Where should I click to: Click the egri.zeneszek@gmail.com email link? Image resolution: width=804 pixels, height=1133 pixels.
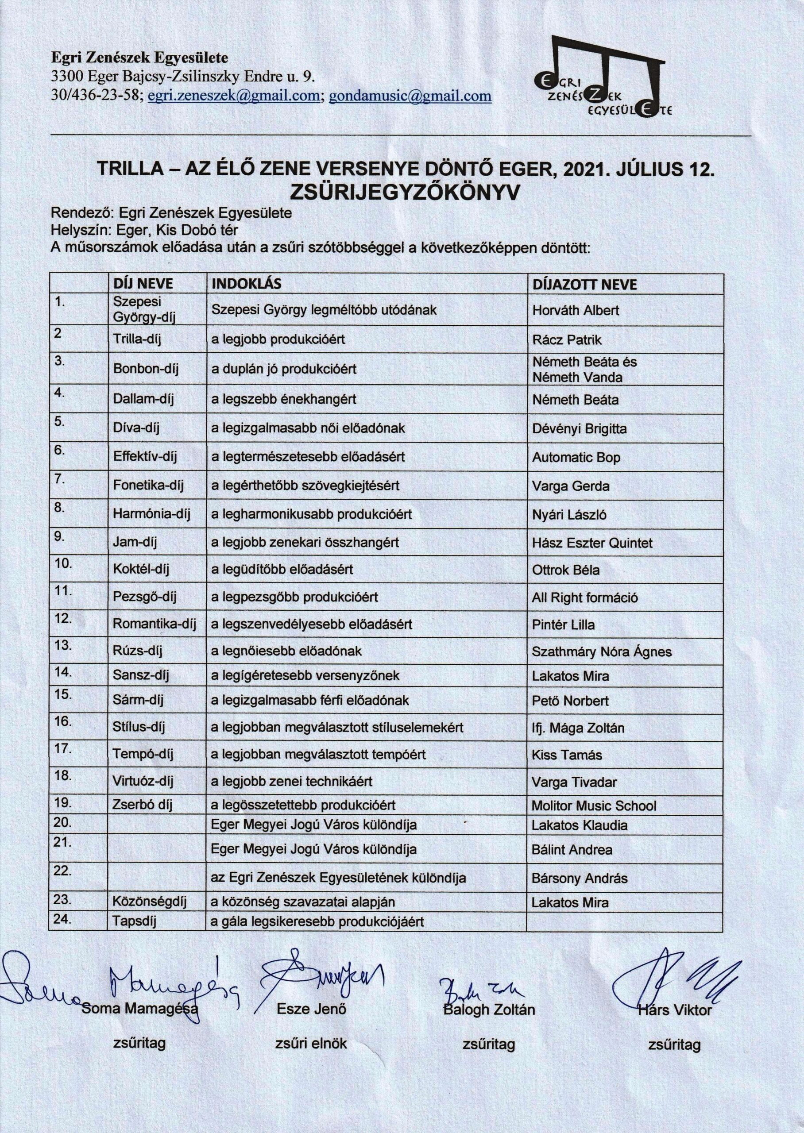235,96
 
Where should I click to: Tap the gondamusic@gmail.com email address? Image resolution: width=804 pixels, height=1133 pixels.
410,96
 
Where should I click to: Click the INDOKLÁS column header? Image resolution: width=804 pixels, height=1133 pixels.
246,284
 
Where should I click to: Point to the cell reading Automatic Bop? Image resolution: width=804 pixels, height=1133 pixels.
576,458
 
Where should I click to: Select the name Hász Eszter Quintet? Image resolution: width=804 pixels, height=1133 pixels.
591,543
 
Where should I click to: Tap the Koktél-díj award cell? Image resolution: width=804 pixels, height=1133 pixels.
141,570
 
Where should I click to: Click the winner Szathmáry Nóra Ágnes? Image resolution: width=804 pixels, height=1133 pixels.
602,651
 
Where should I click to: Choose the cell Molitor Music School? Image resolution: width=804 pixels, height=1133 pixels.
594,806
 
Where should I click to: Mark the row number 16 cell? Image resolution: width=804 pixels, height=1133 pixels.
63,721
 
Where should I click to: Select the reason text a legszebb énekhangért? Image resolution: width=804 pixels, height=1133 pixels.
284,399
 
